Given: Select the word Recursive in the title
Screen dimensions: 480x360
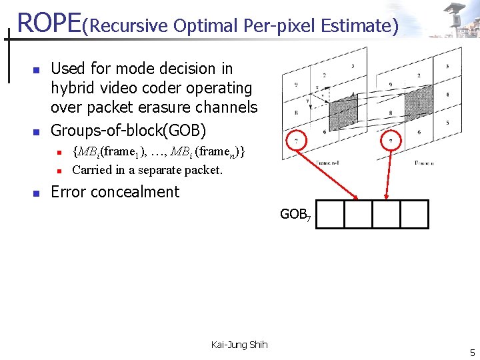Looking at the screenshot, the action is click(127, 26).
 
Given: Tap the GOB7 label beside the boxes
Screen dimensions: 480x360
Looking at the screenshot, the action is click(295, 215).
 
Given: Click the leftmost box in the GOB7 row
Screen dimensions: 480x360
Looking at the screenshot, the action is click(329, 214).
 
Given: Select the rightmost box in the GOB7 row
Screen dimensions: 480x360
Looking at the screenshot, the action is click(414, 214).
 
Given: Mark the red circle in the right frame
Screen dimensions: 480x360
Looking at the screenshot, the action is click(391, 141).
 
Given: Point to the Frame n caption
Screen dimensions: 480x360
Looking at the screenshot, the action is click(423, 163).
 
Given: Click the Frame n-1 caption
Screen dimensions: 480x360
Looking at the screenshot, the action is click(329, 162).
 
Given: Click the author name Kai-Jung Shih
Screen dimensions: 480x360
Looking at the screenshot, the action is click(239, 345).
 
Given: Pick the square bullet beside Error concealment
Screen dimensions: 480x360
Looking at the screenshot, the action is click(37, 193).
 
